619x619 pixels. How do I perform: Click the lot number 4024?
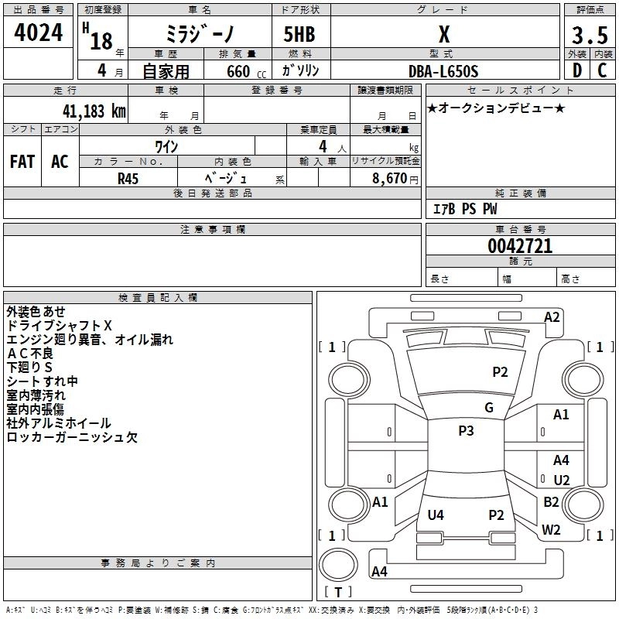point(39,32)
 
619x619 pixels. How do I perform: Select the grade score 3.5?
point(589,35)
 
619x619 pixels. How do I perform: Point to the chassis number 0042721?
point(520,247)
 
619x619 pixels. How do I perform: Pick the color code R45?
point(128,177)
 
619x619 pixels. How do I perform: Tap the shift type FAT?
point(22,162)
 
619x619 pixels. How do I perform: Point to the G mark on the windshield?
point(488,408)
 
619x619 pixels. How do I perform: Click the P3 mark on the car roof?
point(466,431)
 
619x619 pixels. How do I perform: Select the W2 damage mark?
point(551,529)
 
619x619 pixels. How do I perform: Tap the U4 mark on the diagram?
point(436,515)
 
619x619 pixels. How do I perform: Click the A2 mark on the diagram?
point(552,316)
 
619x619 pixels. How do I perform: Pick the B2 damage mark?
point(551,501)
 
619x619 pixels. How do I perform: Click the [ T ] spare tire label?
point(337,593)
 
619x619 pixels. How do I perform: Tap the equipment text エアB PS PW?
point(464,209)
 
